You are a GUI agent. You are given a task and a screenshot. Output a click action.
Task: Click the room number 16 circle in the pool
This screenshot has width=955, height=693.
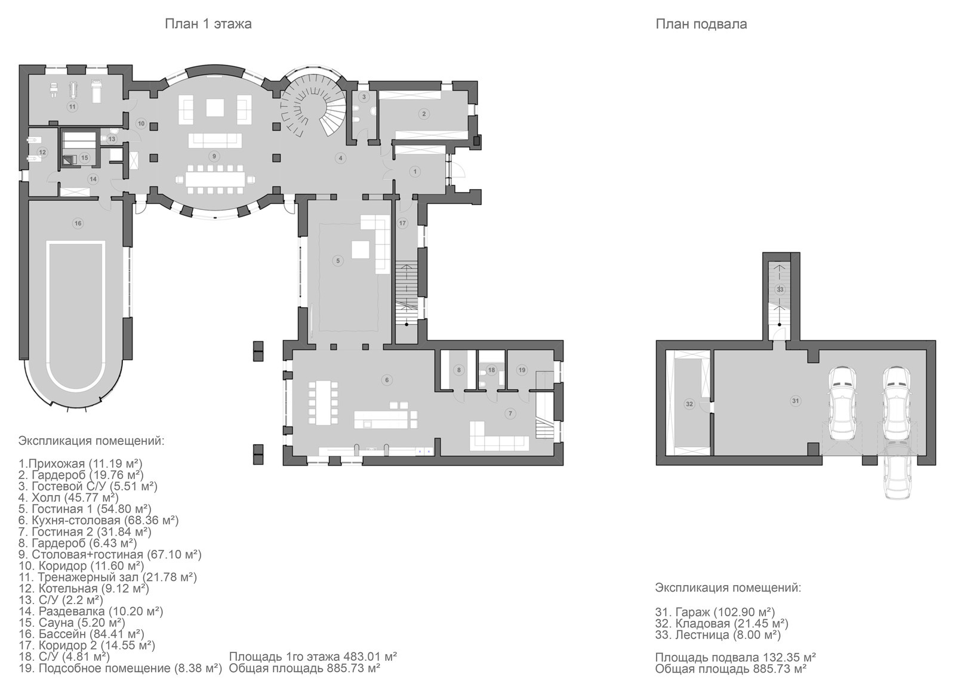[78, 223]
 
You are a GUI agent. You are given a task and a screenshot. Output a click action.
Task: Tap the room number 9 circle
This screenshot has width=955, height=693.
[214, 156]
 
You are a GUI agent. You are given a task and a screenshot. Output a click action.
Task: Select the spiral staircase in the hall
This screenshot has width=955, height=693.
[313, 107]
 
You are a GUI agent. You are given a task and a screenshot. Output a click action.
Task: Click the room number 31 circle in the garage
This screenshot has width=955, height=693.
[795, 401]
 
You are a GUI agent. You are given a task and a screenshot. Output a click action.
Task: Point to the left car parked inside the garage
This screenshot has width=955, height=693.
[842, 404]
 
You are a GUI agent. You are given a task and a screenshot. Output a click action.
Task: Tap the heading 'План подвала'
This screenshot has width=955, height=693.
[701, 24]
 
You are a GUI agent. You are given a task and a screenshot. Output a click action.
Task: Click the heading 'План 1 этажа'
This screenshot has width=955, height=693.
[208, 24]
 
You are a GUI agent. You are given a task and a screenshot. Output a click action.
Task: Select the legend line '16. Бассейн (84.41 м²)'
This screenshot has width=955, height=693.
[81, 634]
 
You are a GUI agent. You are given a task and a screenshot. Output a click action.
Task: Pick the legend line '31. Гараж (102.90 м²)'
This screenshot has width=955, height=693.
[715, 612]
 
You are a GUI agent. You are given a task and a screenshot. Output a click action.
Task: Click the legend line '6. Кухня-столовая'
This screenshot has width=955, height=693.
[98, 520]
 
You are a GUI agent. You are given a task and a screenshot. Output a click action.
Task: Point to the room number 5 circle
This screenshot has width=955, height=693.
[338, 260]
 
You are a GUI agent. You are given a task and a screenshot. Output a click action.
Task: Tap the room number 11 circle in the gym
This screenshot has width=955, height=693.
[72, 107]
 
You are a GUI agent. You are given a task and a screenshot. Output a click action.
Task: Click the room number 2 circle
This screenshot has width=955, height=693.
[423, 114]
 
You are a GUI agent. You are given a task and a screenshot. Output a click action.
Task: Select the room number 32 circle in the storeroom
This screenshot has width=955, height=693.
[689, 404]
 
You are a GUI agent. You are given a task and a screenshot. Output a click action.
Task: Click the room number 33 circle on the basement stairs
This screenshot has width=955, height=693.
[780, 290]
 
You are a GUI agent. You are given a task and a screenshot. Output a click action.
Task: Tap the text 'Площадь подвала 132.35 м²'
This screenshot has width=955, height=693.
[735, 657]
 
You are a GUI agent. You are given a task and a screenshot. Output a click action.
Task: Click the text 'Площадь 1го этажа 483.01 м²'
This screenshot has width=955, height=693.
[313, 656]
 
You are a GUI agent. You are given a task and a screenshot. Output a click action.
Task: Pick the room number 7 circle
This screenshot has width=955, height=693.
[510, 413]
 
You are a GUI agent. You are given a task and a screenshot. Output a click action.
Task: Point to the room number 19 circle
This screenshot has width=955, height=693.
[522, 370]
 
